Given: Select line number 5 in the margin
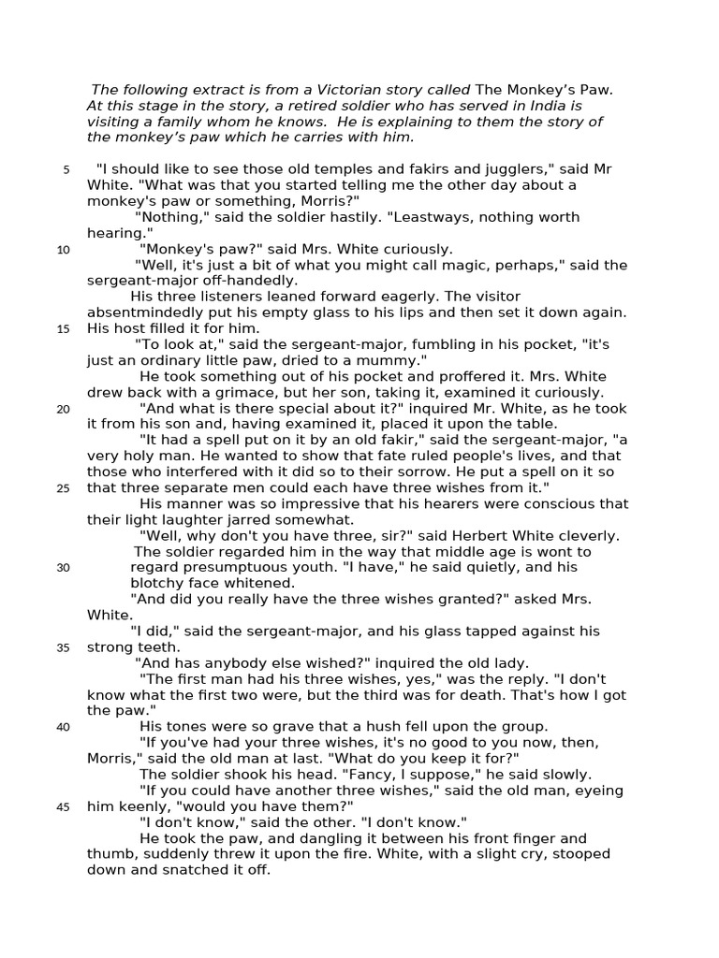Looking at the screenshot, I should coord(66,169).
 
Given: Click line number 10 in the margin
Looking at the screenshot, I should coord(63,250).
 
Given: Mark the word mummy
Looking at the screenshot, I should coord(390,360).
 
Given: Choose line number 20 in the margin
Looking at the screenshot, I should coord(63,409).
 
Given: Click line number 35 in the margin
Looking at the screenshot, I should coord(63,647).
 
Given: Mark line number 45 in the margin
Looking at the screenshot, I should coord(63,807).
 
